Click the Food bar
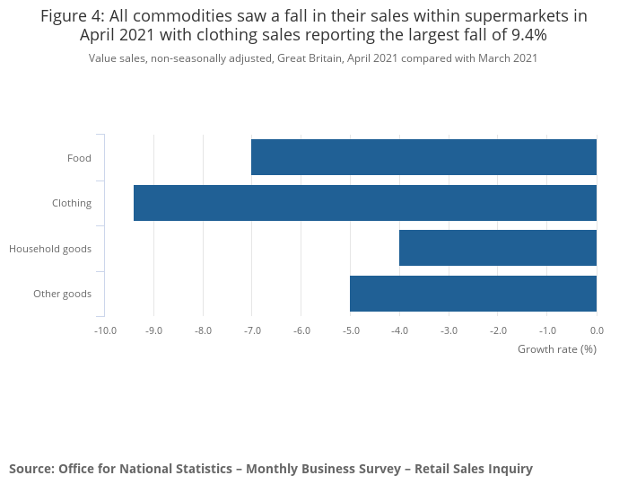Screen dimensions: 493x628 coord(423,157)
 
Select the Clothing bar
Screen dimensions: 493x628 coord(365,203)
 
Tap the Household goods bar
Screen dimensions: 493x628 coord(498,248)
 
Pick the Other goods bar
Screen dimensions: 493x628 coord(473,294)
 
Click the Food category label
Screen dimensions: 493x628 coord(79,158)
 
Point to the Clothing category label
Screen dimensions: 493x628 coord(72,203)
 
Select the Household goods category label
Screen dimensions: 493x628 coord(50,248)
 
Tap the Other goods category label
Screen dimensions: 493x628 coord(62,294)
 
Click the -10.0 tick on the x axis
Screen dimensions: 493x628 coord(105,330)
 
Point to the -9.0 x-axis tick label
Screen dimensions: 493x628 coord(154,330)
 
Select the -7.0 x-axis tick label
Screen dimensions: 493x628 coord(252,330)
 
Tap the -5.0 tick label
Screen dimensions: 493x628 coord(351,330)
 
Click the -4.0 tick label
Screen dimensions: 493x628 coord(400,330)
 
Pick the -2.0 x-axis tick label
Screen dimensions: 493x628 coord(498,330)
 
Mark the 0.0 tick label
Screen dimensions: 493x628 coord(597,330)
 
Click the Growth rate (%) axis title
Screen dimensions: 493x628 coord(557,348)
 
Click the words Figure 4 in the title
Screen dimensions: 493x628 coord(72,15)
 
